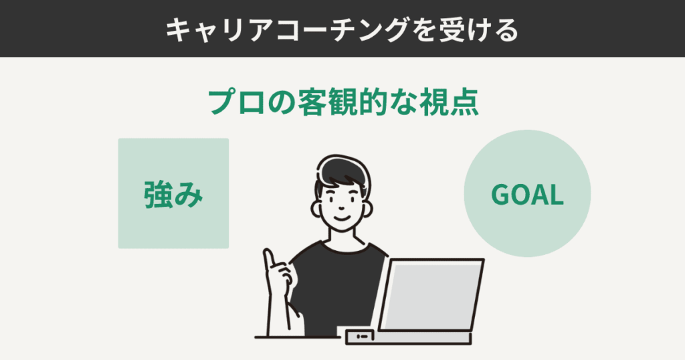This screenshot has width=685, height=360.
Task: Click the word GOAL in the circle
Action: [527, 195]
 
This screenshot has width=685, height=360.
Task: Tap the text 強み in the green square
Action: [173, 194]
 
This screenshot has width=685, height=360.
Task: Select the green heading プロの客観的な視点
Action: [342, 102]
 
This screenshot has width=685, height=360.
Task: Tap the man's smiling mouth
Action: [340, 217]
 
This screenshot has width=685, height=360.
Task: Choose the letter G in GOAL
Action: [500, 195]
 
